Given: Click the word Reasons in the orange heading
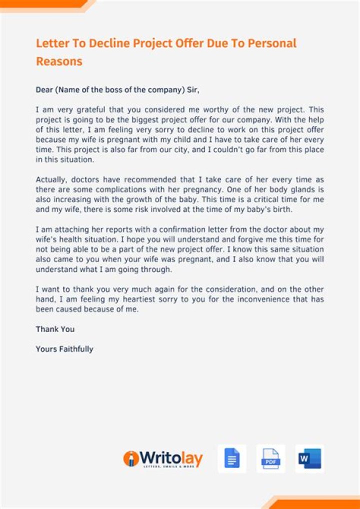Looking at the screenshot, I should click(x=59, y=61).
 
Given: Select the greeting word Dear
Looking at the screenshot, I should click(x=44, y=90).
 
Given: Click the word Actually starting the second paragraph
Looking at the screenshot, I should click(x=51, y=179).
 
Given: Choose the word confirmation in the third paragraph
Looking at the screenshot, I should click(x=181, y=229).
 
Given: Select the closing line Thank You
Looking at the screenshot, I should click(x=55, y=329).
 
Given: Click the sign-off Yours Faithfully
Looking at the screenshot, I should click(x=64, y=349).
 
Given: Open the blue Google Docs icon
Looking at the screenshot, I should click(x=232, y=458).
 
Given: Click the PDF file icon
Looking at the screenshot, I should click(x=271, y=458).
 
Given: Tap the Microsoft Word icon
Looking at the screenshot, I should click(x=309, y=458).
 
